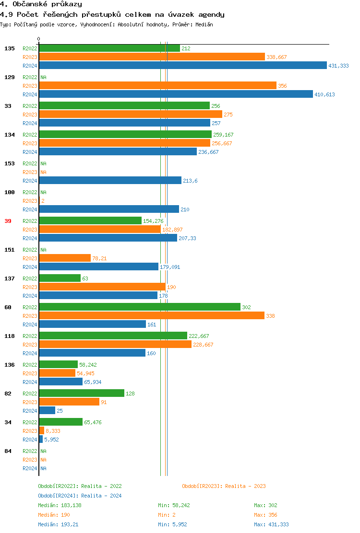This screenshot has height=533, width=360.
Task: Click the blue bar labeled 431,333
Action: [x=183, y=66]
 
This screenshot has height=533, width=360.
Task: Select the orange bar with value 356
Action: [x=157, y=85]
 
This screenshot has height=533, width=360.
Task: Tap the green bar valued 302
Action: [x=140, y=307]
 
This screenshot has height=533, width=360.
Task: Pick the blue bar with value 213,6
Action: [x=110, y=180]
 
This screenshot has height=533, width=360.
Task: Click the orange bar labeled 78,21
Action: [x=65, y=258]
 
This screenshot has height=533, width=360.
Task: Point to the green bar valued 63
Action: [x=60, y=278]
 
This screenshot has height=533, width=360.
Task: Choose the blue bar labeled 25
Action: [x=47, y=410]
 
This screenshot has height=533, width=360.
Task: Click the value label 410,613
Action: [x=324, y=94]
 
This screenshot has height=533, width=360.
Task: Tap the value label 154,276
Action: [x=153, y=221]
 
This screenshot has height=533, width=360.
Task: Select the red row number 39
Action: [x=8, y=221]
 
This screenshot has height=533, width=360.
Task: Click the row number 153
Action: [x=9, y=163]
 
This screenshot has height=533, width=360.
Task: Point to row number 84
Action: [x=8, y=451]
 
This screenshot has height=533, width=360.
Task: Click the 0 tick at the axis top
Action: [x=39, y=39]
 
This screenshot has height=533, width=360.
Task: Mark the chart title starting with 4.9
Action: [x=112, y=14]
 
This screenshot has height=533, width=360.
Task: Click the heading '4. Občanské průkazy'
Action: [x=41, y=4]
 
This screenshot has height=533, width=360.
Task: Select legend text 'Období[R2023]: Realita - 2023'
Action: [x=224, y=486]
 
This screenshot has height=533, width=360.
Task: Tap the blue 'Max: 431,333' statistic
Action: [x=271, y=524]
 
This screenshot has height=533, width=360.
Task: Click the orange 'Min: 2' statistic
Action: [x=168, y=515]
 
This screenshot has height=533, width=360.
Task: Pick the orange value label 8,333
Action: [x=53, y=431]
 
